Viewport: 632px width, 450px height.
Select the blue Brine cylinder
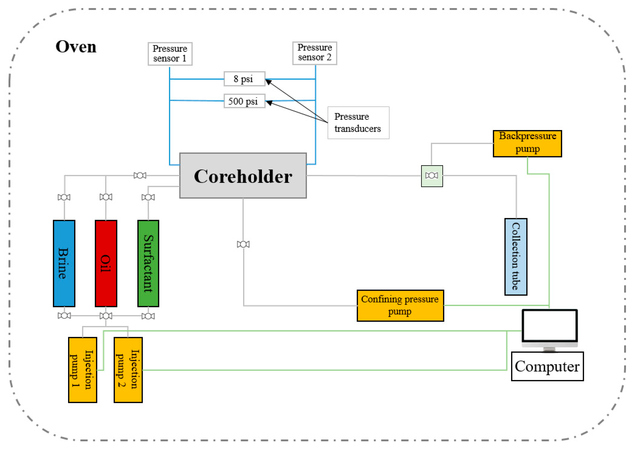coord(64,263)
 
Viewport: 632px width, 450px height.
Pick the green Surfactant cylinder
coord(148,263)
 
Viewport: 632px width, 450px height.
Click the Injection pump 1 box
coord(83,370)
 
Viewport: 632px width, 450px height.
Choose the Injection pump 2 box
coord(128,370)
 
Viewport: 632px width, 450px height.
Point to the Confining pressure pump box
coord(400,306)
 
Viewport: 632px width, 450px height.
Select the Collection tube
coord(516,257)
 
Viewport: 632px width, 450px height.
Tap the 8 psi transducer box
coord(244,79)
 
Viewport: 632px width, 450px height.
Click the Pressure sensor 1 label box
coord(170,54)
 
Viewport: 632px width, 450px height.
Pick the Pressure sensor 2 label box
coord(314,53)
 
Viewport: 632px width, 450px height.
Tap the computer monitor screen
coord(549,325)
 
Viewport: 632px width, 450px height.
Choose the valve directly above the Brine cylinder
coord(64,197)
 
